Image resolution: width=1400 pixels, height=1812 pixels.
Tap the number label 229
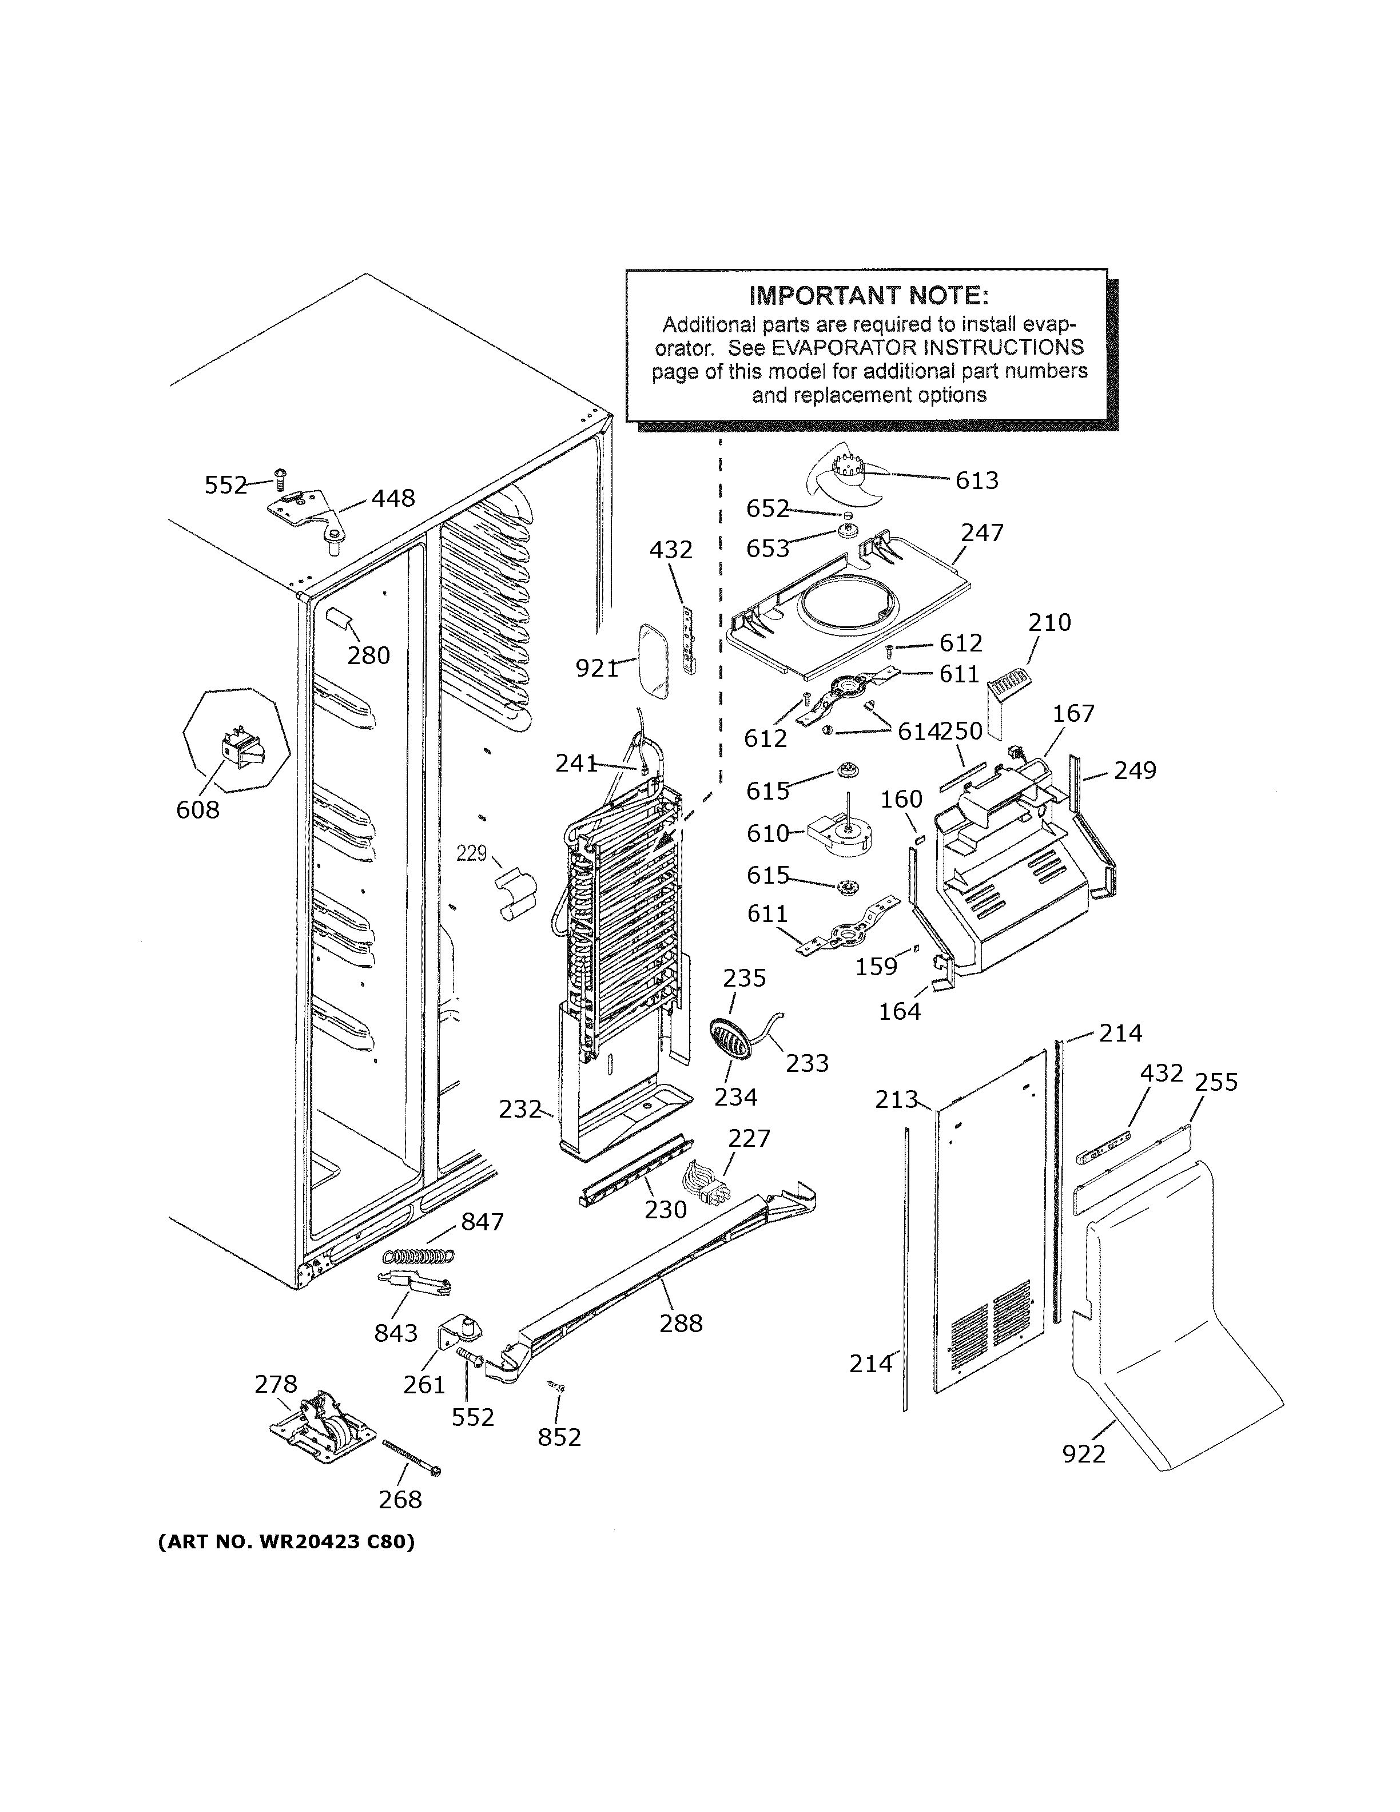click(471, 853)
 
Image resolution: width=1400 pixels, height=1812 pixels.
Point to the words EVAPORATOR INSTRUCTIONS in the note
click(926, 347)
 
